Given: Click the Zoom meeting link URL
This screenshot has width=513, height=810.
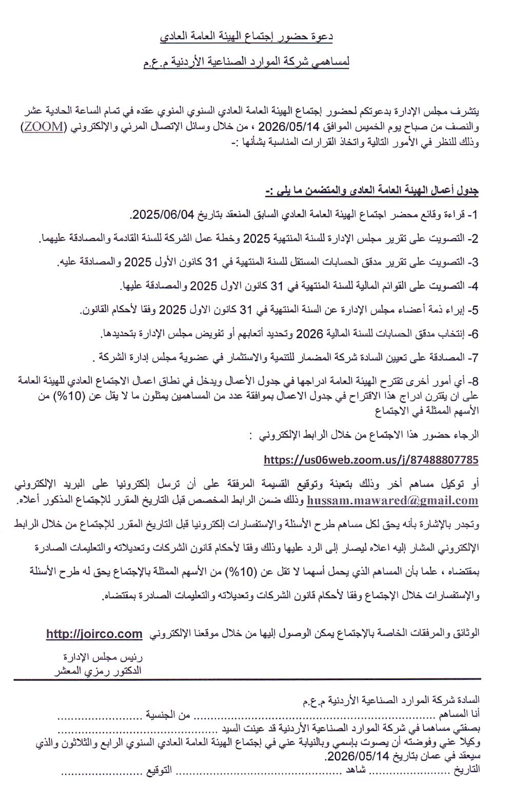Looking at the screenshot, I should pos(371,459).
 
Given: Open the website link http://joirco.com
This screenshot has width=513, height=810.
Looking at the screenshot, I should pos(94,634).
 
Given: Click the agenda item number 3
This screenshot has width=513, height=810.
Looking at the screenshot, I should pos(475,262).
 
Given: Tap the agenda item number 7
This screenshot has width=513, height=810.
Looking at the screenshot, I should pos(475,357).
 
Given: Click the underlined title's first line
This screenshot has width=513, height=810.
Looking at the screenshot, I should pos(247,36).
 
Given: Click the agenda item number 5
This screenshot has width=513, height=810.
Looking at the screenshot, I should pos(475,310).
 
